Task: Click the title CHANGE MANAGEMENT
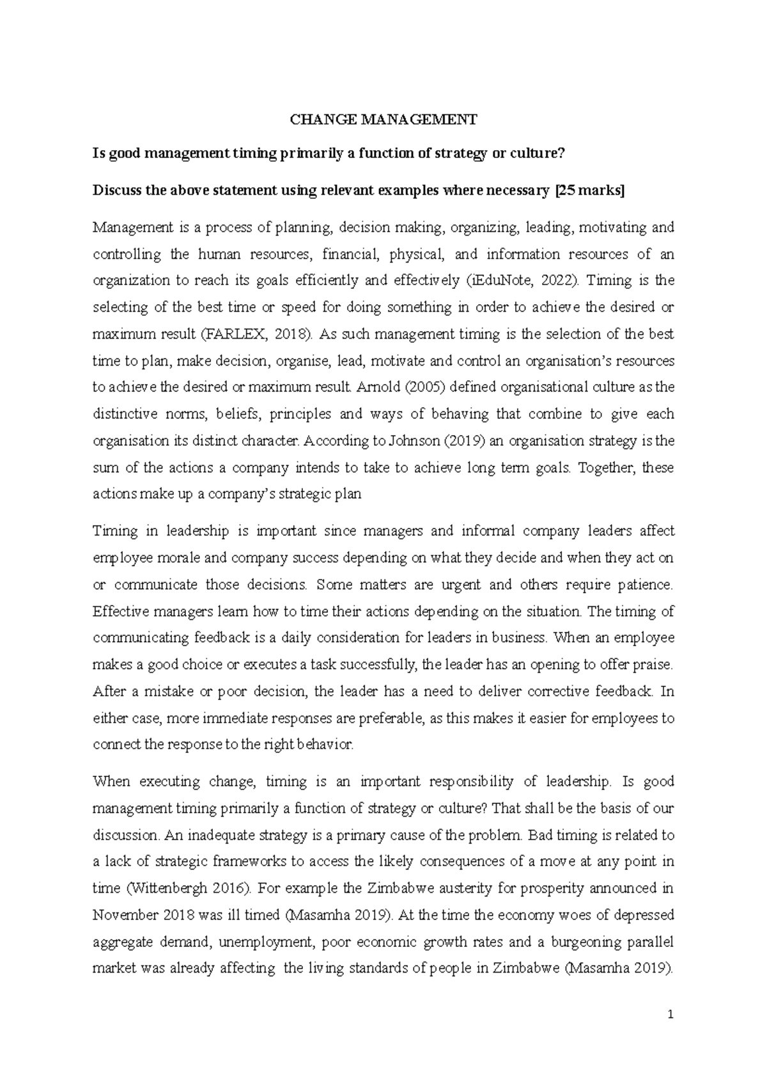point(383,119)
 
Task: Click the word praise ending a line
point(653,665)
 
